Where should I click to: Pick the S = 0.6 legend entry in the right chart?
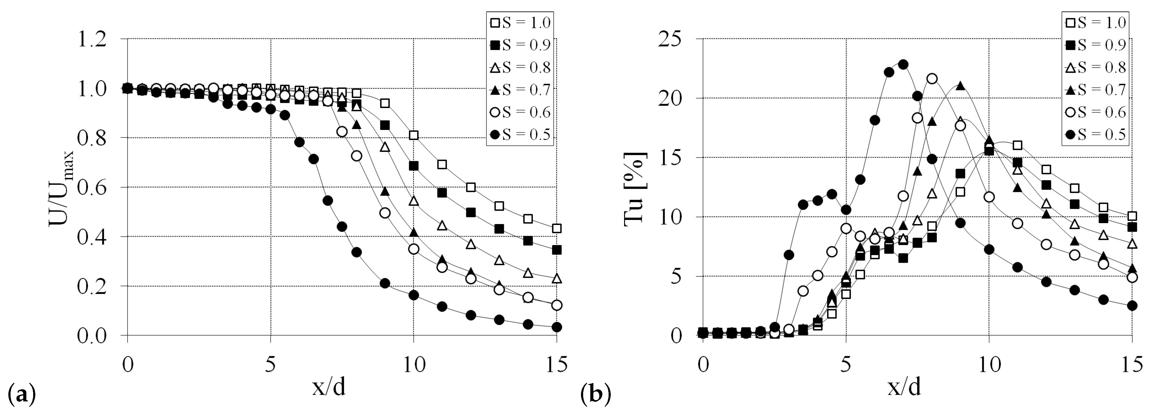pos(1095,111)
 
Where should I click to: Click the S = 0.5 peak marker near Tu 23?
pos(903,64)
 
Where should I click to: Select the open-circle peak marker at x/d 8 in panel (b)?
pos(932,79)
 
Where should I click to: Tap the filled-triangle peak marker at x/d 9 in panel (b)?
pos(960,86)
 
